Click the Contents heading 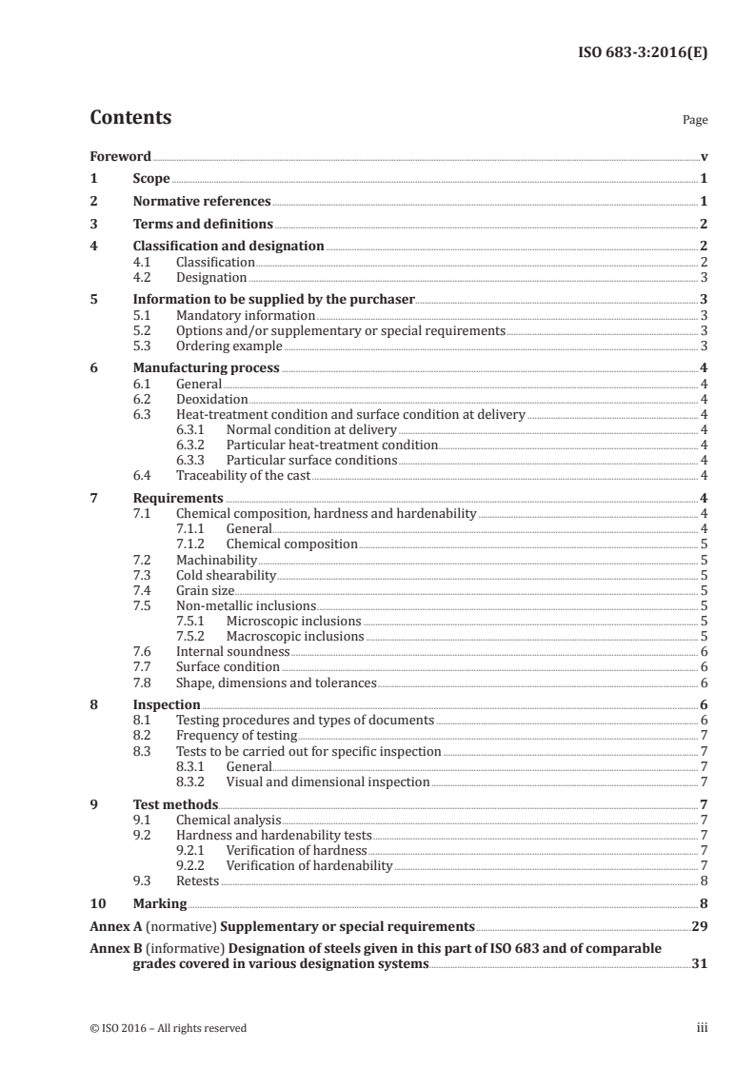coord(130,118)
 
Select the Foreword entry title coord(120,156)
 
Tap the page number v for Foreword coord(704,156)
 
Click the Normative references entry coord(202,202)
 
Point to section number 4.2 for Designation coord(146,277)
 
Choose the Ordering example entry coord(228,346)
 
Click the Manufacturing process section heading coord(206,368)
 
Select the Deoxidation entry coord(211,399)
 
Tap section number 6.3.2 coord(194,445)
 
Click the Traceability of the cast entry coord(243,475)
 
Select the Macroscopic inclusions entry coord(294,636)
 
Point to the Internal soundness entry coord(232,651)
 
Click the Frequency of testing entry coord(236,736)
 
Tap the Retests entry coord(197,880)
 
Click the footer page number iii coord(702,1028)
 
